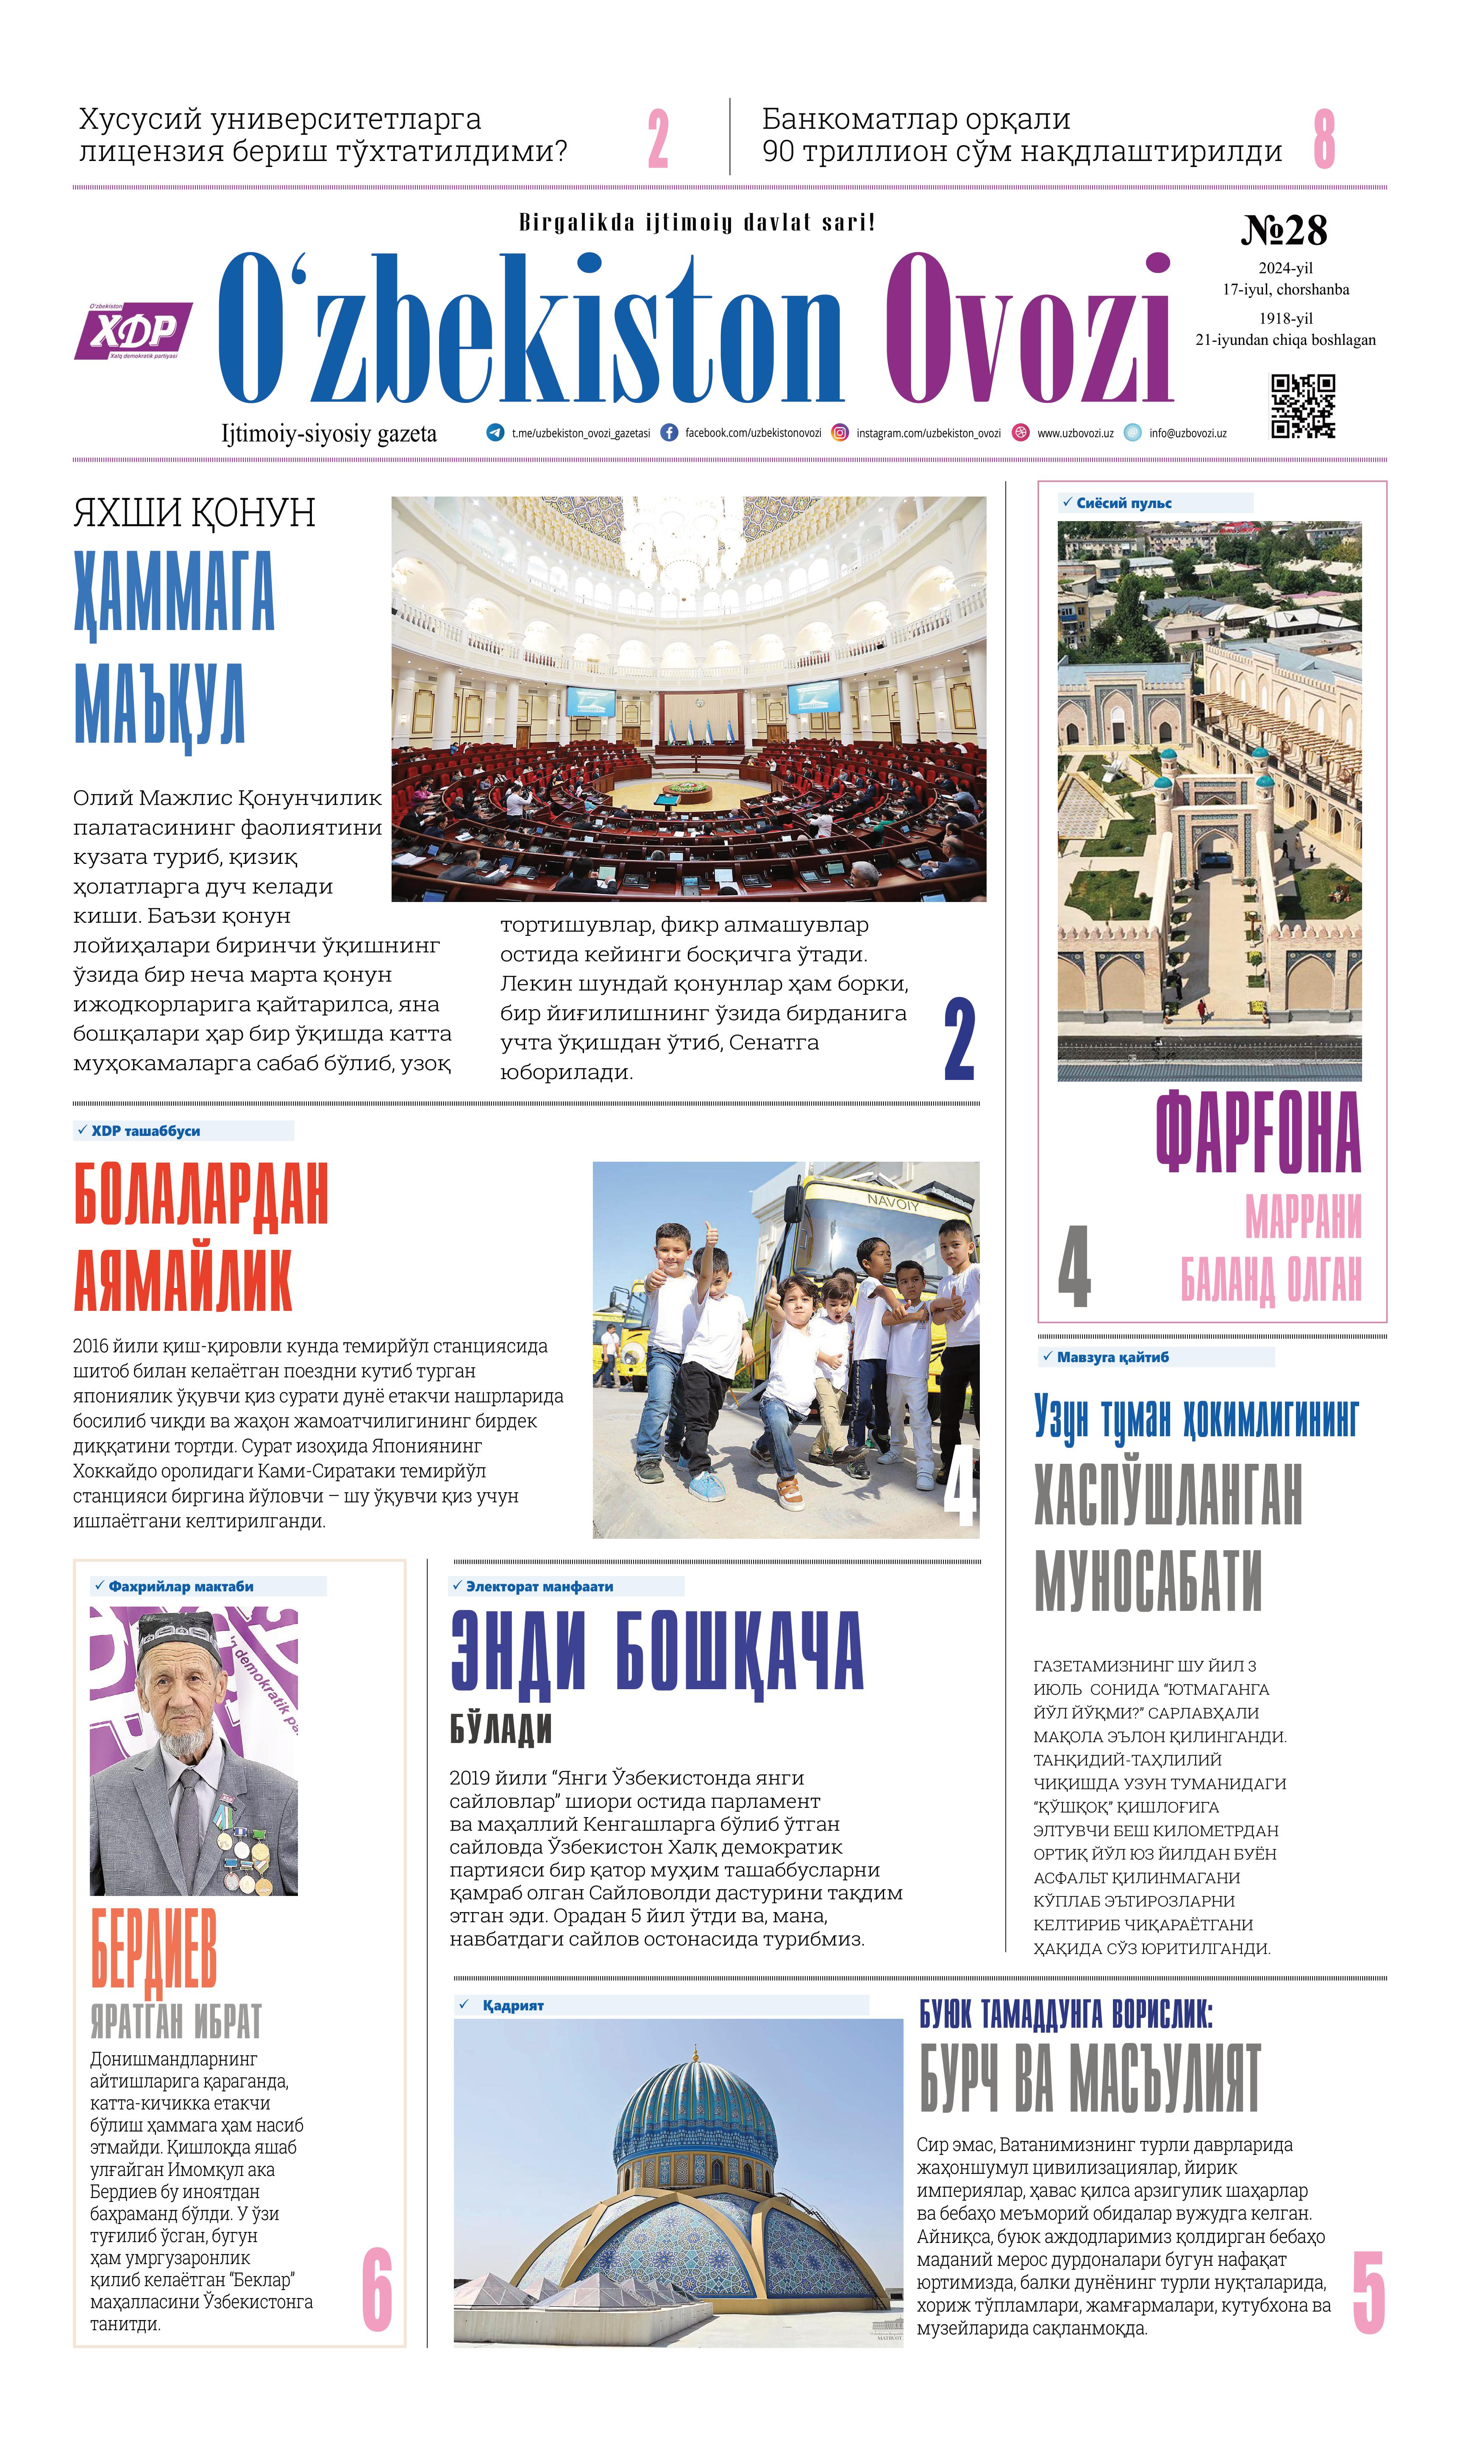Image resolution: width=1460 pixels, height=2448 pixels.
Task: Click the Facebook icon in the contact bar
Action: click(x=669, y=433)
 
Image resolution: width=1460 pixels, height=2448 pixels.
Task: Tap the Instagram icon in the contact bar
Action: click(x=840, y=433)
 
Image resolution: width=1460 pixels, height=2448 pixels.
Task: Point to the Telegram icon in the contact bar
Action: click(x=495, y=433)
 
